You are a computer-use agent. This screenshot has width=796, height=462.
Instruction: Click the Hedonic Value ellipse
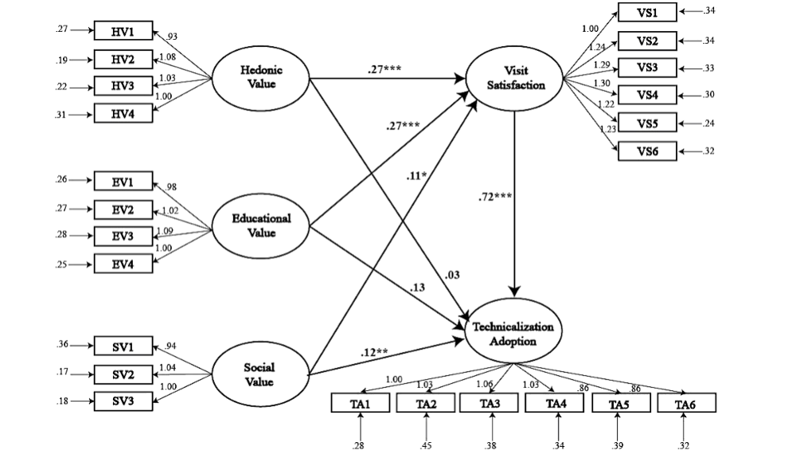click(x=261, y=77)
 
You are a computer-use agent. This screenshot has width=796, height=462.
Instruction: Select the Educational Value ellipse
click(x=261, y=225)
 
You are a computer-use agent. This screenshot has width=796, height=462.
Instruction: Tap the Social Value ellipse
click(x=259, y=374)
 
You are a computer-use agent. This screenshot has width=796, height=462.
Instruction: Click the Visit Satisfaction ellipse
click(x=517, y=78)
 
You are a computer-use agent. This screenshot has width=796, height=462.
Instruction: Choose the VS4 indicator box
click(x=647, y=96)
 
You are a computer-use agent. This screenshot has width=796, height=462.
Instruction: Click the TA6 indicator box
click(x=686, y=404)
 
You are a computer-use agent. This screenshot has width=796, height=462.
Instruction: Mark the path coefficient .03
click(x=451, y=275)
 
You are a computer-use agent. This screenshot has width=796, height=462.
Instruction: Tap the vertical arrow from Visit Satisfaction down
click(x=517, y=199)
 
